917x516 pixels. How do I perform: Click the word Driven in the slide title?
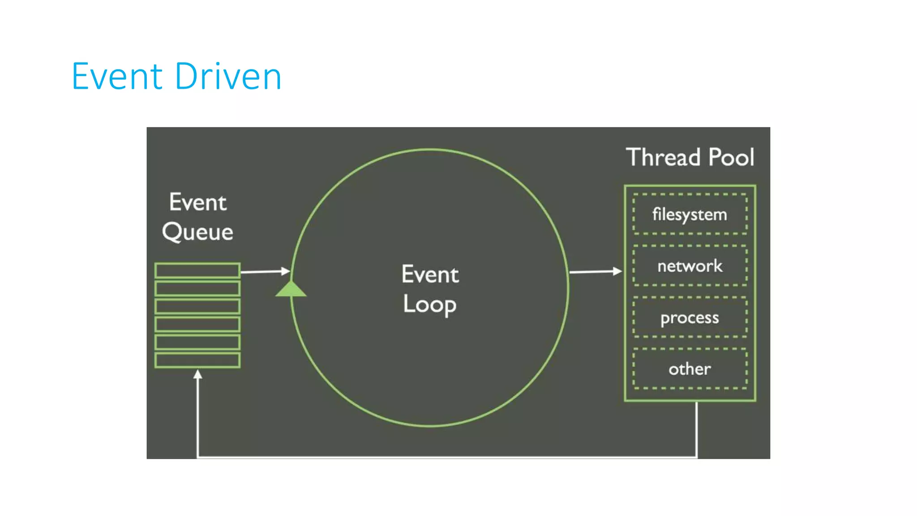point(228,76)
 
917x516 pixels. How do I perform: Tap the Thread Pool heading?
point(690,157)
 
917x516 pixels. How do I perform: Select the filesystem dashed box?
point(690,214)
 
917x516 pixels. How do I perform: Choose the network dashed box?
point(690,266)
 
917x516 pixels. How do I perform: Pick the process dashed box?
point(690,317)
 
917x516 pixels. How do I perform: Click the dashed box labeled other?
point(690,369)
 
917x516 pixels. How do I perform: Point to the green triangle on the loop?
point(291,290)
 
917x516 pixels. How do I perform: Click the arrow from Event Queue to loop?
point(264,271)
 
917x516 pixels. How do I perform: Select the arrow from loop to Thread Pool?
point(595,271)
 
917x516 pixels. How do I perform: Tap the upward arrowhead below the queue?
point(197,374)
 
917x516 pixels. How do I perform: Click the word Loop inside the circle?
point(429,304)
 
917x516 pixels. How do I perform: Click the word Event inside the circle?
point(430,274)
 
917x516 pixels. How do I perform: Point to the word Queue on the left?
point(197,232)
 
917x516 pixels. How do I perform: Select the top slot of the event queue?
point(197,271)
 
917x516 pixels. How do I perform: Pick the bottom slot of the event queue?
point(197,360)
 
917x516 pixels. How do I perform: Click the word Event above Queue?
point(197,202)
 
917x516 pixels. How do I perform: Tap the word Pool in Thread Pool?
point(732,157)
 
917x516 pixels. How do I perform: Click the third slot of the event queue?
point(197,306)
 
